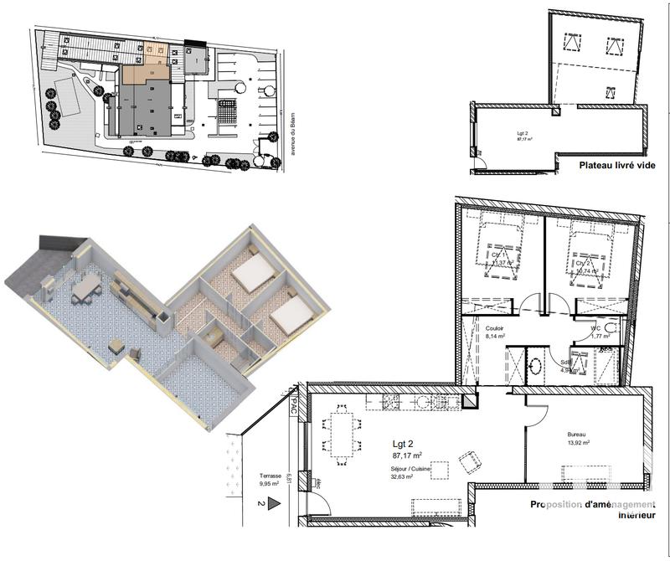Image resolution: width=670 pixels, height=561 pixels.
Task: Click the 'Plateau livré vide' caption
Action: pyautogui.click(x=616, y=166)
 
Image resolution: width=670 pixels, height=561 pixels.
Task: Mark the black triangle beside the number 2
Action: pyautogui.click(x=271, y=504)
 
